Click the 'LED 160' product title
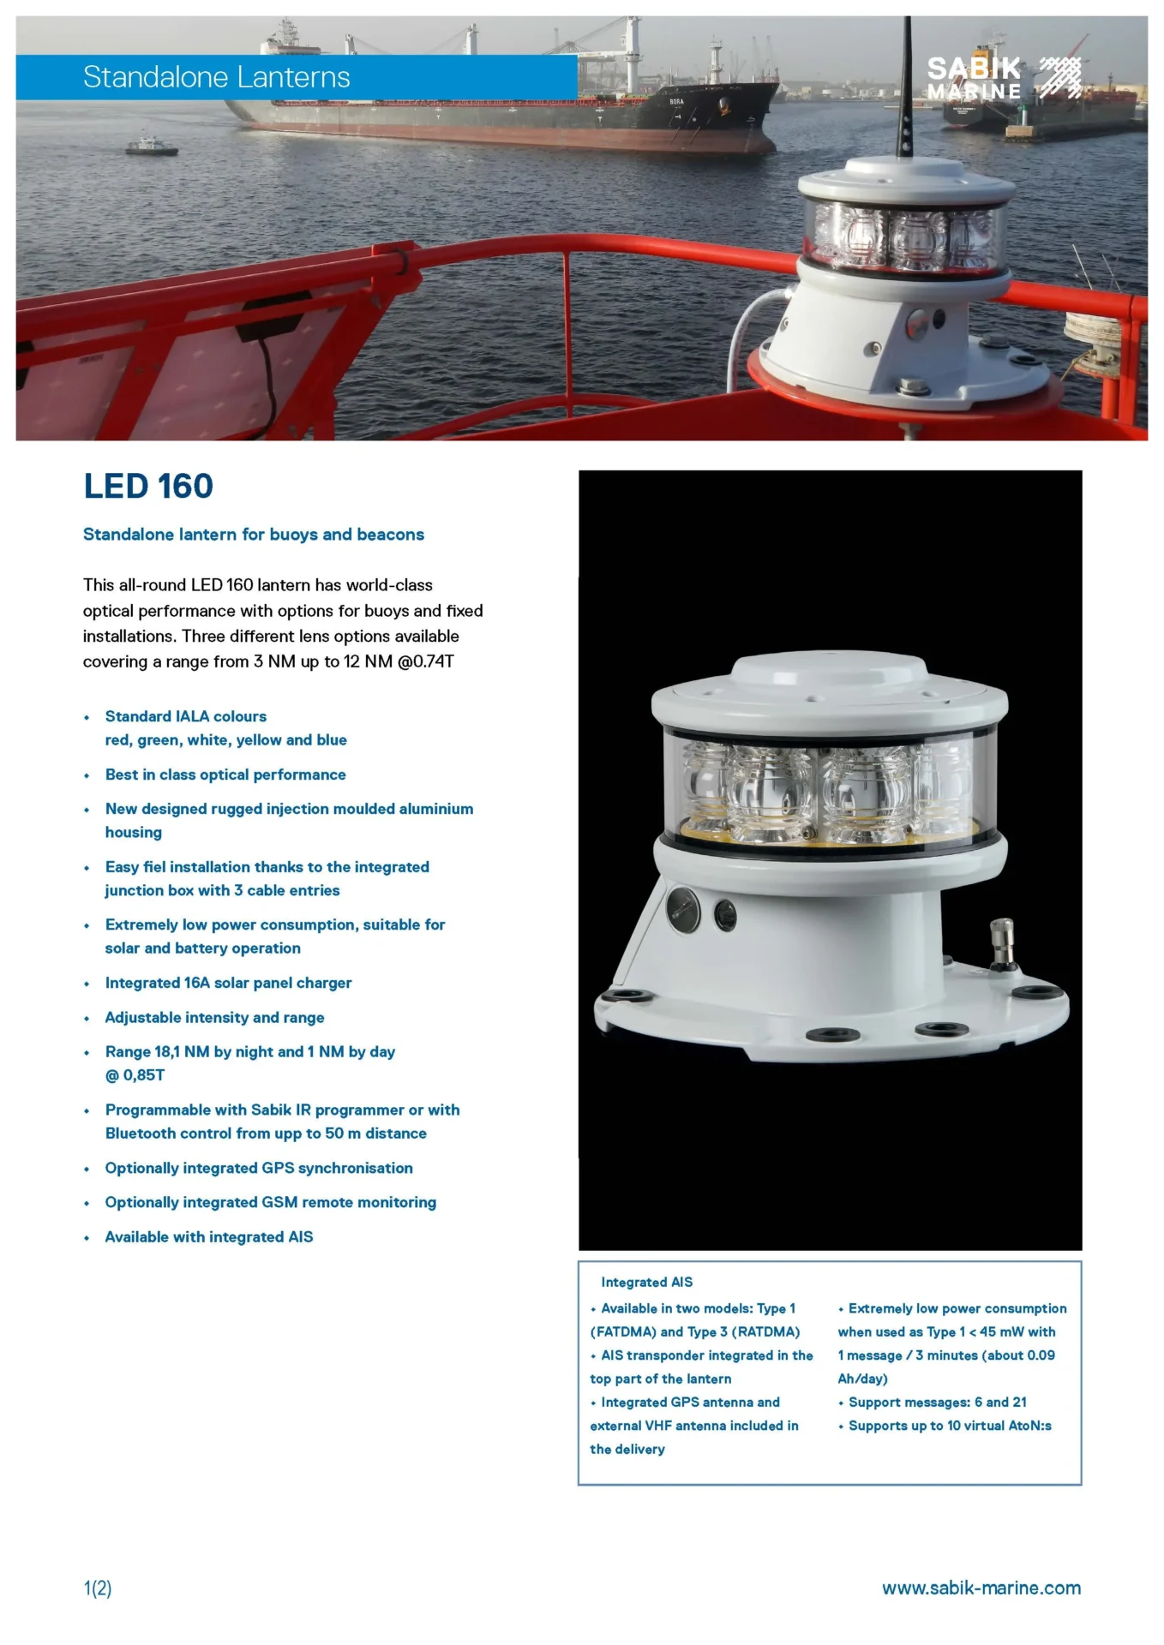coord(148,487)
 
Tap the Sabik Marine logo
coord(1003,78)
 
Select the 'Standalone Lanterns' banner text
coord(216,77)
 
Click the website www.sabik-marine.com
coord(981,1588)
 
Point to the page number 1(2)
coord(98,1588)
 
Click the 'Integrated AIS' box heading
coord(646,1282)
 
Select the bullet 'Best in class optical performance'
coord(225,775)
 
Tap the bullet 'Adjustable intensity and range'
coord(214,1018)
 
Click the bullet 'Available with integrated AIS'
coord(208,1237)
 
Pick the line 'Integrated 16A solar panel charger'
coord(228,983)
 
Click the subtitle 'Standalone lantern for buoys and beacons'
coord(253,535)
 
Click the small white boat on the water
coord(152,147)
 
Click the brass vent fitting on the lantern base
coord(1001,942)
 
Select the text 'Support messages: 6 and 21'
coord(937,1403)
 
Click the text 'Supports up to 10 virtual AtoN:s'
coord(950,1426)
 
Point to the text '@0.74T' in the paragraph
coord(425,662)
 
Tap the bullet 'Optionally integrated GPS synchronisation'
coord(259,1169)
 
